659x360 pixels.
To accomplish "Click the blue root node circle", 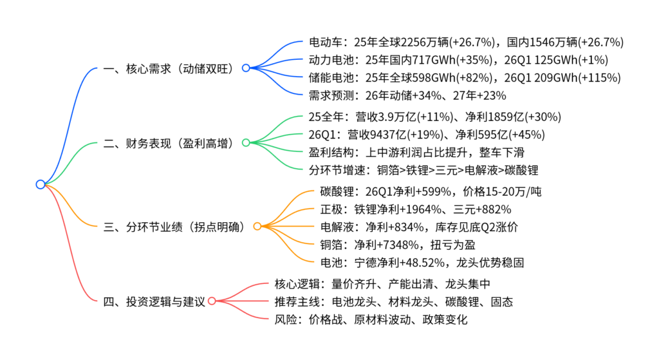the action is click(41, 184).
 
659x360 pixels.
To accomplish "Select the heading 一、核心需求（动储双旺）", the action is click(168, 68).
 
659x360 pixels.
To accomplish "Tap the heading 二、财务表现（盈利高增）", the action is click(168, 144).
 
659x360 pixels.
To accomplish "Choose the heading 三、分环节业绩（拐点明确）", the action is click(174, 227).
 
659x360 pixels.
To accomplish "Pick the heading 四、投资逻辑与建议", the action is click(154, 301).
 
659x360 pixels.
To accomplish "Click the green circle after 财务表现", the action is click(246, 143).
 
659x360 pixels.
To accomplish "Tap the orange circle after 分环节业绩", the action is click(257, 226).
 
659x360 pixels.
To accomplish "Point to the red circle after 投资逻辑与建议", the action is click(212, 301).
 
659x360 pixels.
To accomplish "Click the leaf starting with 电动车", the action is click(466, 42).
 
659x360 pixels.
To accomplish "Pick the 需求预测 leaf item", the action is click(407, 96).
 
